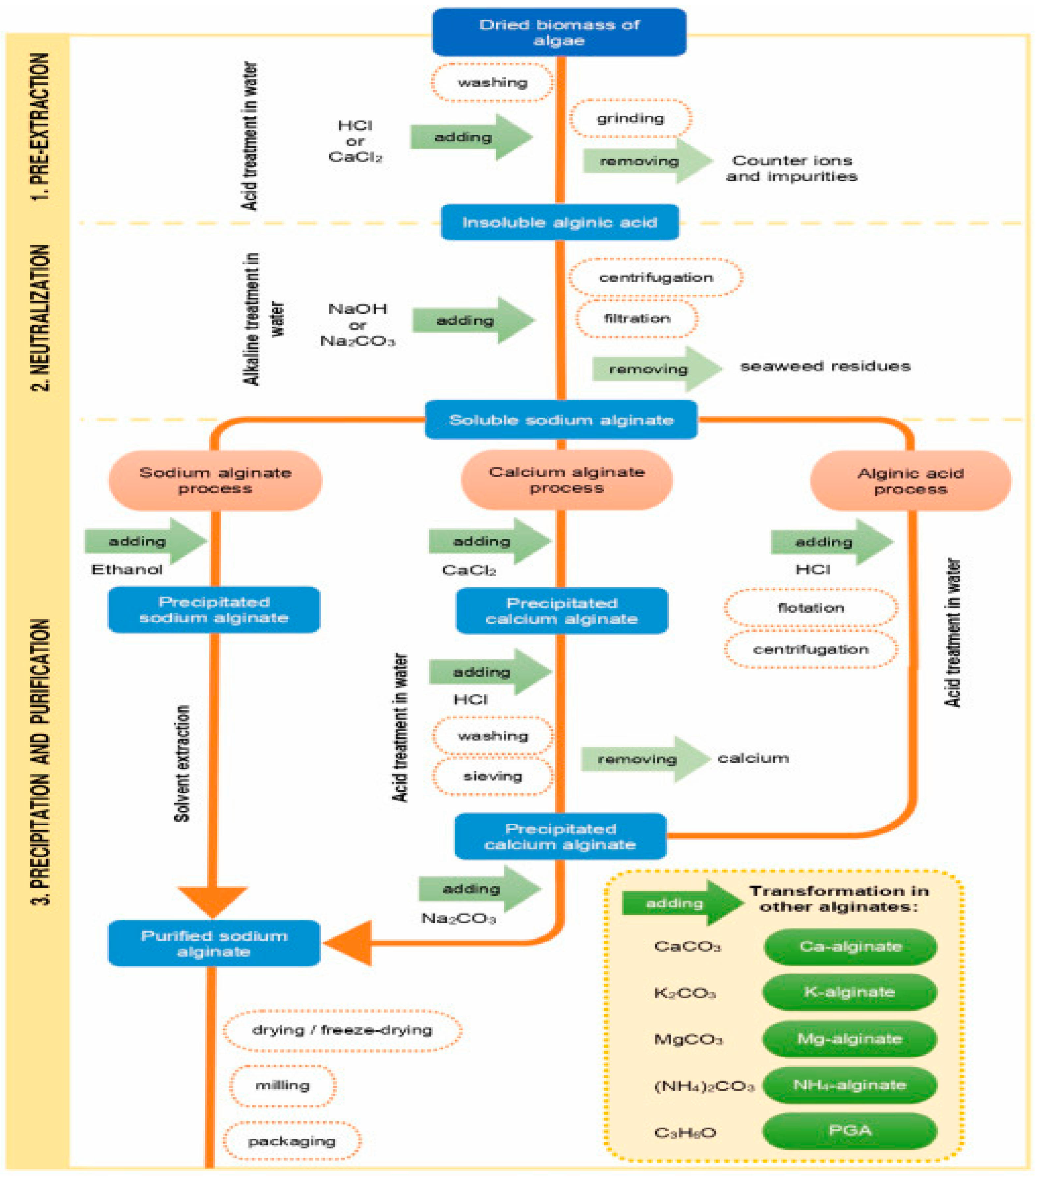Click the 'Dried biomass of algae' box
pos(559,32)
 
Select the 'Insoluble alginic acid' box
pos(559,222)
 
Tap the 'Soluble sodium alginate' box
pos(561,420)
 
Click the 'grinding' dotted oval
pos(630,118)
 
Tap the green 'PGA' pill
pos(850,1130)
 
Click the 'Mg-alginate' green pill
pos(850,1039)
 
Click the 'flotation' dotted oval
pos(811,607)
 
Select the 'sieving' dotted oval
pos(493,776)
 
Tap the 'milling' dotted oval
pos(283,1085)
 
